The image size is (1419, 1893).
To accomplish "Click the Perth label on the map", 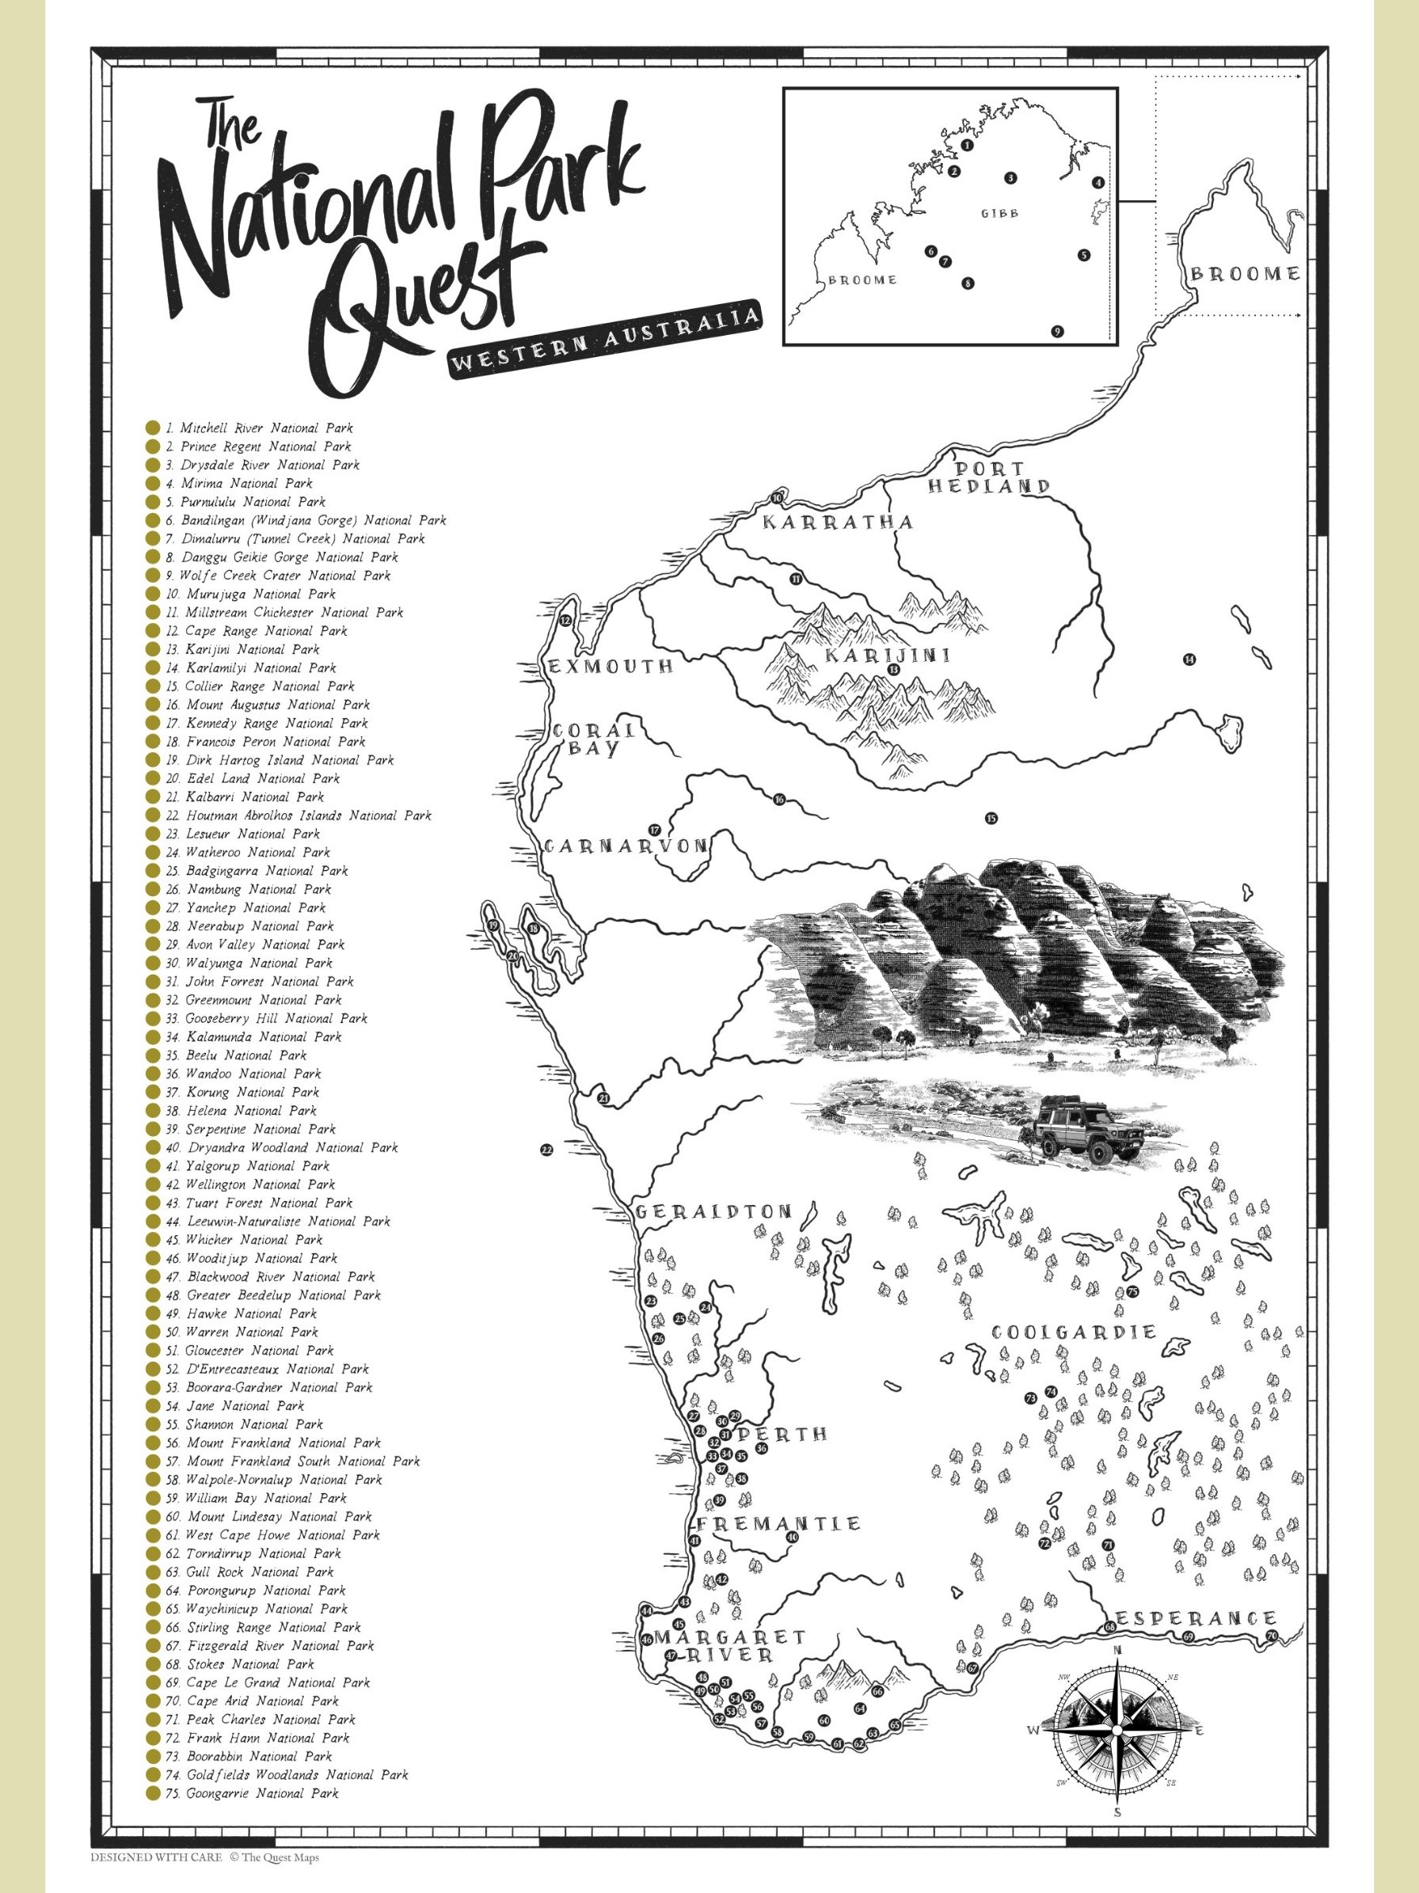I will [782, 1435].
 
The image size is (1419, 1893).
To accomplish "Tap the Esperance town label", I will [1196, 1618].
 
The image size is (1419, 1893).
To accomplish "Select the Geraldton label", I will [713, 1212].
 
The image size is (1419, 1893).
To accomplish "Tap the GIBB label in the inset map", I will [999, 213].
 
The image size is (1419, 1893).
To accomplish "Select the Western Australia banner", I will [606, 340].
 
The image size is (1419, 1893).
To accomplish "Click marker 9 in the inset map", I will [1057, 332].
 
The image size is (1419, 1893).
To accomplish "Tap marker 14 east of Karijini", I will [1188, 659].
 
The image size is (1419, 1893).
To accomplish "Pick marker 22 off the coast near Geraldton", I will [547, 1150].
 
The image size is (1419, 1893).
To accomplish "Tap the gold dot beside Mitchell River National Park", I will [152, 428].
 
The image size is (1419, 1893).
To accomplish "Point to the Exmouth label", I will [611, 667].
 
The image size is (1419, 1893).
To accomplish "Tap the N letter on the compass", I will [1116, 1651].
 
